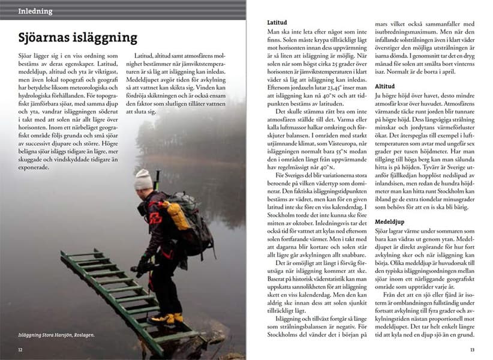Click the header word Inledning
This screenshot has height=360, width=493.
[35, 11]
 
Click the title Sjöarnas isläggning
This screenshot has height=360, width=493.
[77, 38]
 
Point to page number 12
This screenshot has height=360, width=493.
[20, 349]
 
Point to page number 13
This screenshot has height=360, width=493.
[472, 349]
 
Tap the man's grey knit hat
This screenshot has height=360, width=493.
[143, 179]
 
